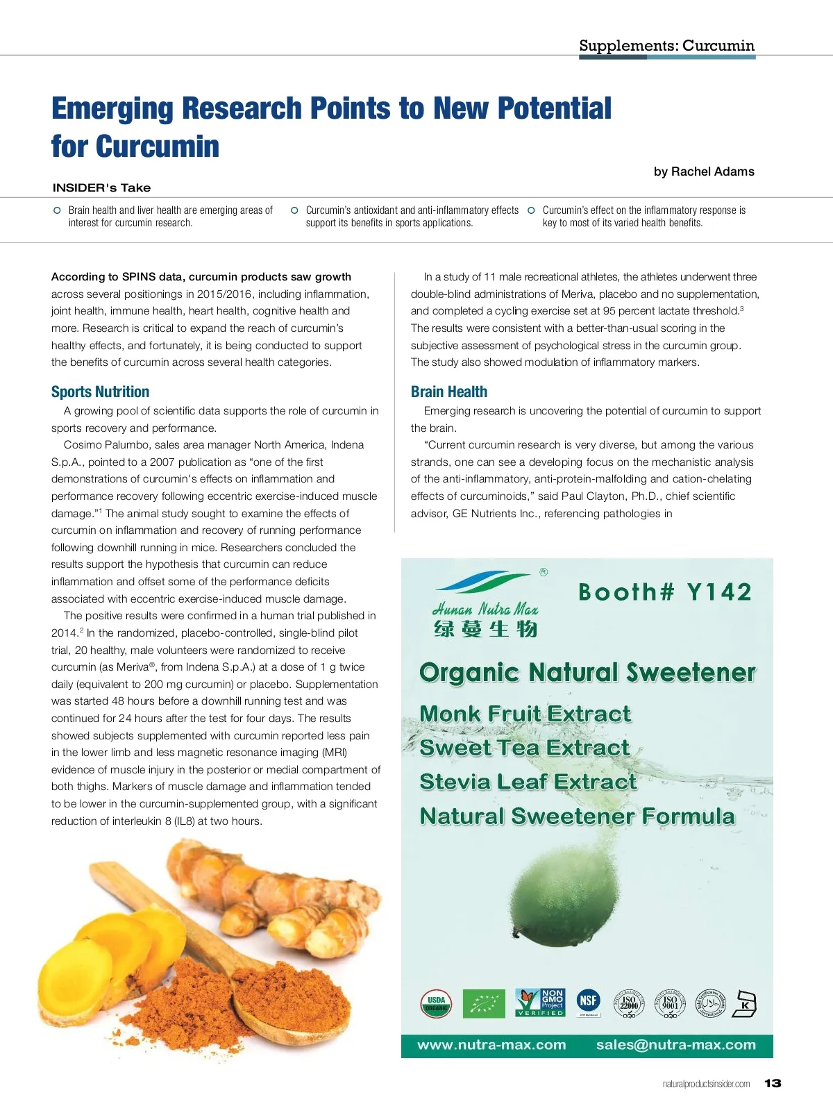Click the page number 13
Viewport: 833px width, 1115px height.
[x=773, y=1083]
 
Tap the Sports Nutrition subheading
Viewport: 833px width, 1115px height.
[x=100, y=392]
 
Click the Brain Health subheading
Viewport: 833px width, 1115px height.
[x=449, y=392]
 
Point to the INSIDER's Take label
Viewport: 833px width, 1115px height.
[x=101, y=187]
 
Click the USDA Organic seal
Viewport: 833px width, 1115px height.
[x=436, y=1003]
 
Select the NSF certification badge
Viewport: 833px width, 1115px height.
[x=589, y=1001]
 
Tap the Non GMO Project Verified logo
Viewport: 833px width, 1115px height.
[x=540, y=1003]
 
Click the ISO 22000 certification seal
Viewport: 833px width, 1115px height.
[x=629, y=1003]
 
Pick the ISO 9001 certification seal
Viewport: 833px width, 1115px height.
[x=670, y=1003]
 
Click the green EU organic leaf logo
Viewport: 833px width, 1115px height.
[x=485, y=1003]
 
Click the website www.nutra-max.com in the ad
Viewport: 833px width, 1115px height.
[x=491, y=1045]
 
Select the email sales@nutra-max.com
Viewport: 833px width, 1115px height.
[x=675, y=1045]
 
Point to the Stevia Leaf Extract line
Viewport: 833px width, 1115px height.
[x=528, y=782]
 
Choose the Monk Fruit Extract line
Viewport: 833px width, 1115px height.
[x=525, y=714]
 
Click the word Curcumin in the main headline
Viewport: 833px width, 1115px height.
[x=158, y=146]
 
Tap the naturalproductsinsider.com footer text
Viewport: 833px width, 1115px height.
[x=706, y=1084]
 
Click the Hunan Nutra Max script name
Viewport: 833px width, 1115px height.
[x=485, y=610]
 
